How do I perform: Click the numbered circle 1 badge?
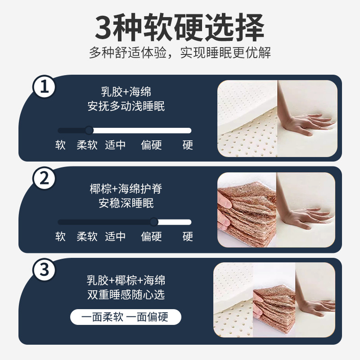[x=44, y=87]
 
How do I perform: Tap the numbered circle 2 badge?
[x=44, y=178]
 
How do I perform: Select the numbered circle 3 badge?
[x=44, y=270]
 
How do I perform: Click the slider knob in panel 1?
[x=89, y=130]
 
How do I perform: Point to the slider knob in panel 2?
[x=154, y=222]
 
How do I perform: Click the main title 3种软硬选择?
[x=180, y=27]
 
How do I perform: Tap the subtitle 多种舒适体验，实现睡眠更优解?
[x=180, y=53]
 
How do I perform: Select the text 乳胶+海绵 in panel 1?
[x=126, y=92]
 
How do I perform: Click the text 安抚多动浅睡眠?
[x=126, y=106]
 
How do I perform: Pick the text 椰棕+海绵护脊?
[x=126, y=189]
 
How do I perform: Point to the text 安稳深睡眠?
[x=126, y=203]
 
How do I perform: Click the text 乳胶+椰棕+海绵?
[x=126, y=280]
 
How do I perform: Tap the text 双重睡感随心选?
[x=126, y=295]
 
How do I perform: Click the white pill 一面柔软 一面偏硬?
[x=126, y=317]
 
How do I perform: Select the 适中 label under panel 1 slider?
[x=115, y=145]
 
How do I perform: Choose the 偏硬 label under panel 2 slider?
[x=151, y=237]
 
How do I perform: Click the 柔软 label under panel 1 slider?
[x=87, y=145]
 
